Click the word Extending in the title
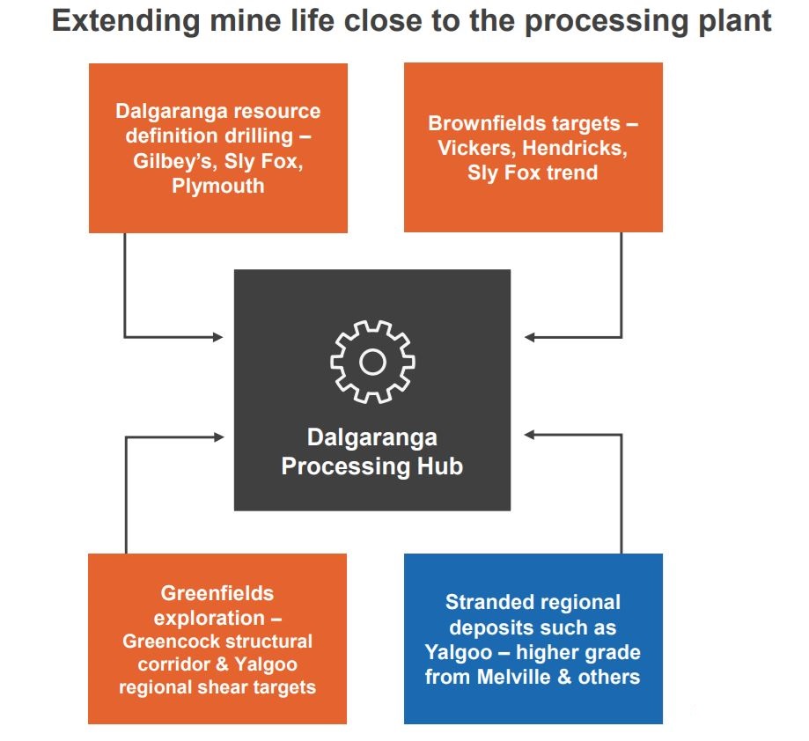126,22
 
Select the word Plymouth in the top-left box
217,186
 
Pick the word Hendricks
575,148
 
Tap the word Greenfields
217,593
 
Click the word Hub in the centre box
440,466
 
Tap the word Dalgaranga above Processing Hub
372,437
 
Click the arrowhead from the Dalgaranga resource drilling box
219,337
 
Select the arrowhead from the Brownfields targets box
529,337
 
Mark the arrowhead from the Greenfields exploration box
219,437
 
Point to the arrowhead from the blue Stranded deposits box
529,435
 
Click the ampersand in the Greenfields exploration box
223,664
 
